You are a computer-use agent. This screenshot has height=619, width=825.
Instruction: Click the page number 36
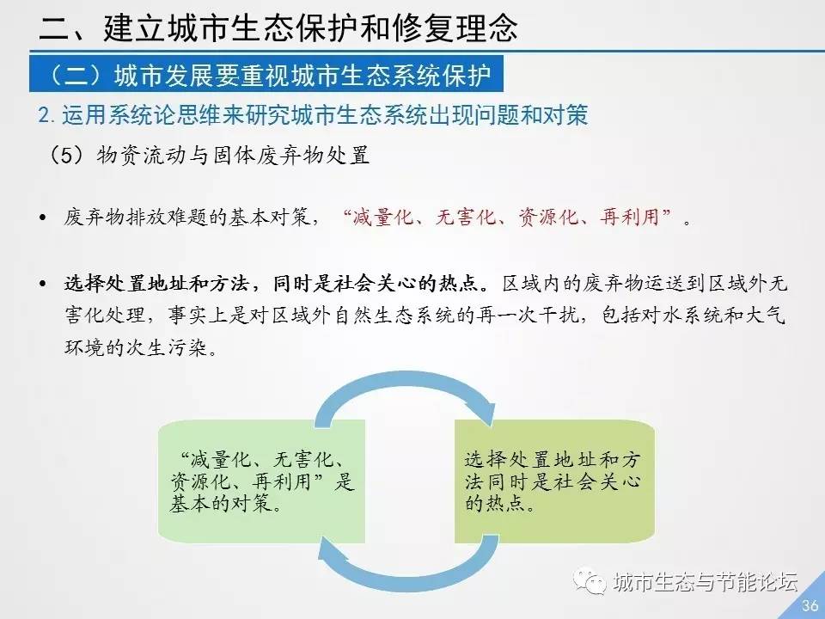[810, 605]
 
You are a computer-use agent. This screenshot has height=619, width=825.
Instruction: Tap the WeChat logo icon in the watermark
[590, 581]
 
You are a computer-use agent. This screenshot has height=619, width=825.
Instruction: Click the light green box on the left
[261, 481]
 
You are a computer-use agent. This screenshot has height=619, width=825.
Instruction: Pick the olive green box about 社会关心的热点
[554, 481]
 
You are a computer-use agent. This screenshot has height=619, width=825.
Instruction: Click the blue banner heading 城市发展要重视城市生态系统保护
[266, 74]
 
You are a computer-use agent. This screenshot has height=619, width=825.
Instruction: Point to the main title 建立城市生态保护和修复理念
[310, 28]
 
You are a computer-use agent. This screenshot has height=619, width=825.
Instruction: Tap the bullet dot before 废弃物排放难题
[43, 218]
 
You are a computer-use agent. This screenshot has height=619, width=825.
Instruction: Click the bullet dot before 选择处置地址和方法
[43, 285]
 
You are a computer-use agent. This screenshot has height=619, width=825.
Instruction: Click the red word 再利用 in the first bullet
[630, 217]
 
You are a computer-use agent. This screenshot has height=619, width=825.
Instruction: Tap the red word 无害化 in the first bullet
[466, 217]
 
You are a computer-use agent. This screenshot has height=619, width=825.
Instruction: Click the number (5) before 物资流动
[67, 156]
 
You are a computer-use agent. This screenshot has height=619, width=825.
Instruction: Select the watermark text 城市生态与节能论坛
[705, 582]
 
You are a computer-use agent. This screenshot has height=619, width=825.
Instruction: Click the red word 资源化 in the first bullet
[548, 217]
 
